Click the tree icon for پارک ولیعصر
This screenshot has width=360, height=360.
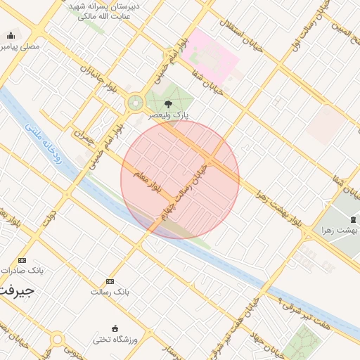(166, 103)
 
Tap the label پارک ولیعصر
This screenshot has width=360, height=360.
(167, 114)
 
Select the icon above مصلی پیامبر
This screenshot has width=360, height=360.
(11, 36)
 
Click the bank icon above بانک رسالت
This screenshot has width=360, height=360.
(110, 281)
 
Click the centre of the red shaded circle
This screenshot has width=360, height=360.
(180, 179)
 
